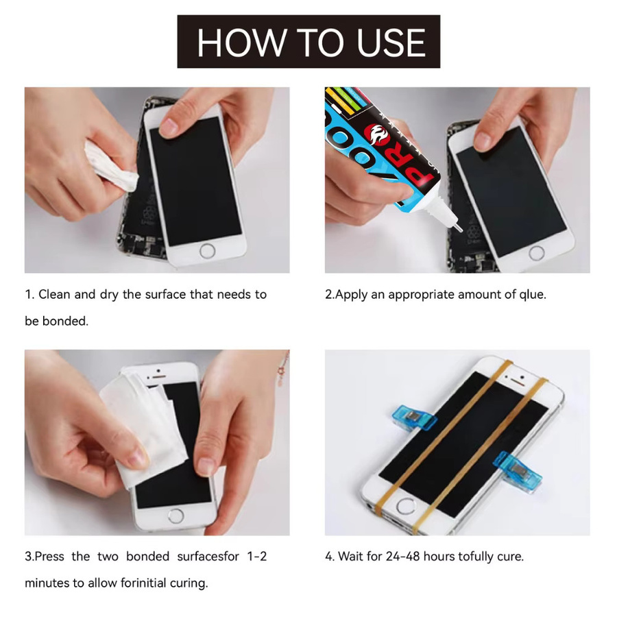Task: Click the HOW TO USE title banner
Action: click(x=308, y=42)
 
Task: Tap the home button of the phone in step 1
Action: click(x=207, y=251)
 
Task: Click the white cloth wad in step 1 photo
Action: click(x=110, y=167)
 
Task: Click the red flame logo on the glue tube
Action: click(x=378, y=135)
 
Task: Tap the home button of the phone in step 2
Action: click(x=536, y=253)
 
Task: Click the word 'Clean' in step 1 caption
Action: click(x=54, y=294)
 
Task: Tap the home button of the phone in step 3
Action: click(x=176, y=516)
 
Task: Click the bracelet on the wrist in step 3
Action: click(x=283, y=367)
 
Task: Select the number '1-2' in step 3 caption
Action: click(x=257, y=557)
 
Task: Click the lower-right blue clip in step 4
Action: click(x=518, y=470)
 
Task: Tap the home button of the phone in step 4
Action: click(x=406, y=507)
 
